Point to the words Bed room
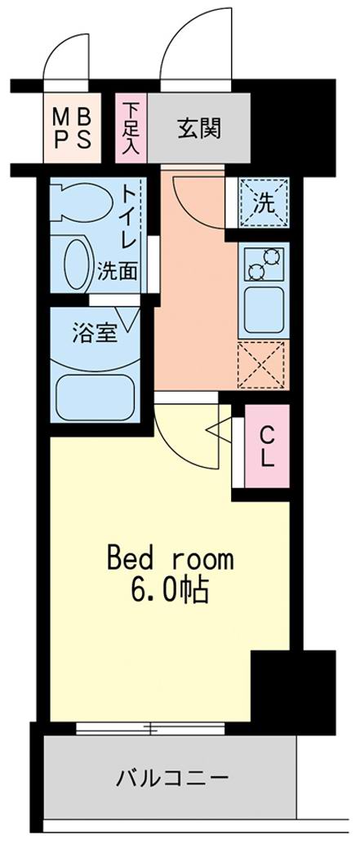(x=171, y=560)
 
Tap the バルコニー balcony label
(x=171, y=777)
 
